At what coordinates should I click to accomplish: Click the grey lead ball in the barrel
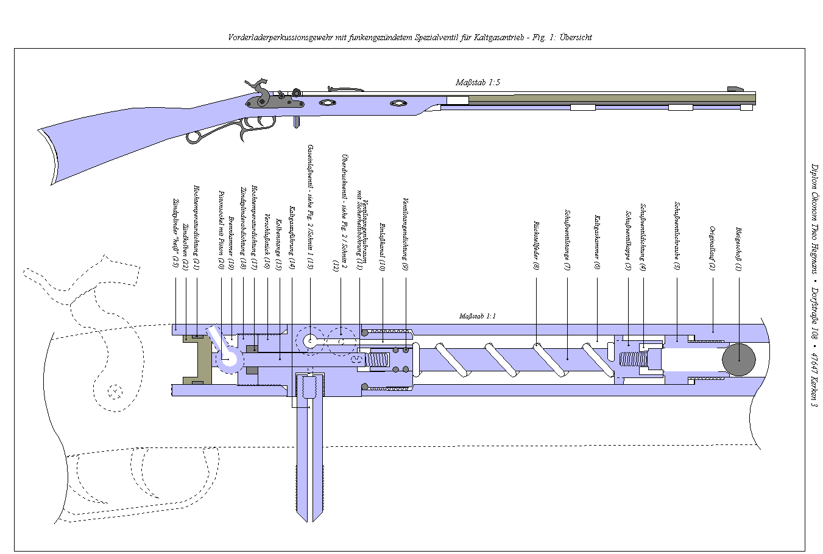pyautogui.click(x=738, y=359)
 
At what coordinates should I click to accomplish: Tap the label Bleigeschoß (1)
pyautogui.click(x=738, y=249)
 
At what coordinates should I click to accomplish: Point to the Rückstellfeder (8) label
pyautogui.click(x=536, y=245)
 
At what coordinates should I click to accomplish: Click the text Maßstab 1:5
pyautogui.click(x=478, y=82)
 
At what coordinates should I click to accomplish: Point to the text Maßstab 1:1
pyautogui.click(x=477, y=317)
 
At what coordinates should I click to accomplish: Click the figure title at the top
pyautogui.click(x=409, y=37)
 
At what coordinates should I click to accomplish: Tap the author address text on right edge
pyautogui.click(x=813, y=284)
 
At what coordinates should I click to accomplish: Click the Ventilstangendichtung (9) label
pyautogui.click(x=404, y=234)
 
